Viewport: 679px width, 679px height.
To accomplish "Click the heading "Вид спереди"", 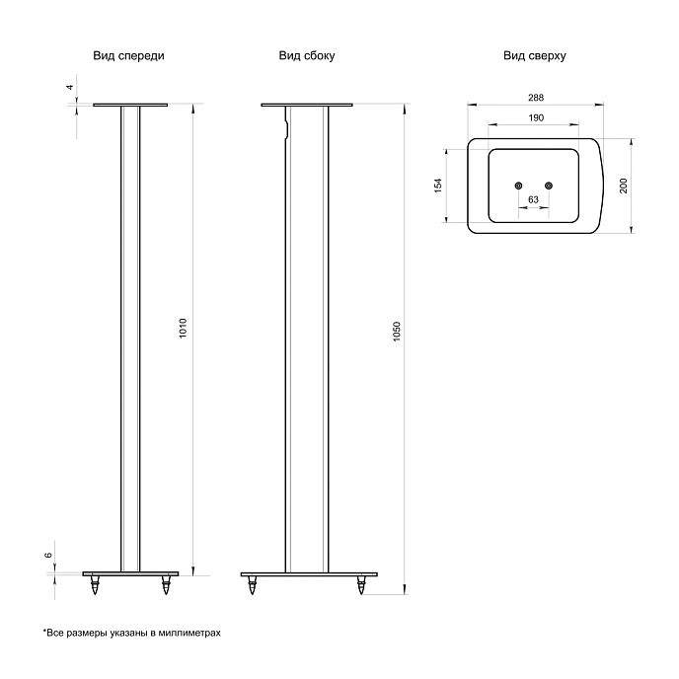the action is click(128, 56).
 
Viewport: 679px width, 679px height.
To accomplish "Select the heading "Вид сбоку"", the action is click(307, 56).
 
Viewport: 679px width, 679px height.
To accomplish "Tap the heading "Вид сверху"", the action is click(534, 56).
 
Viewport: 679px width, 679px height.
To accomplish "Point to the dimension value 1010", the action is click(183, 329).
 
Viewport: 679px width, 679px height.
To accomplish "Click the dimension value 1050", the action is click(397, 332).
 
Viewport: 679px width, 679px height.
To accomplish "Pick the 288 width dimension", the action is click(536, 98).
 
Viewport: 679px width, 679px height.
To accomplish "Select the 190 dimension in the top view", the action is click(536, 117).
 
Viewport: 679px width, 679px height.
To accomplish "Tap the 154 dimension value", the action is click(438, 186).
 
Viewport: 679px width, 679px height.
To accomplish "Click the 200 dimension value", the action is click(624, 186).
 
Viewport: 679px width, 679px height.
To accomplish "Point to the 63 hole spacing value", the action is click(533, 199).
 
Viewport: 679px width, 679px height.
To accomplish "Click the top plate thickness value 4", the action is click(69, 87).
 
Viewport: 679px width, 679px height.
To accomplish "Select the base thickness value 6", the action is click(48, 555).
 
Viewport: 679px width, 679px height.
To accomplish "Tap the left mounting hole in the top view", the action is click(518, 186).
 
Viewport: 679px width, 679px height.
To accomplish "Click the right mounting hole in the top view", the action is click(549, 186).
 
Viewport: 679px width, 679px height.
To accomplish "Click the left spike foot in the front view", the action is click(95, 585).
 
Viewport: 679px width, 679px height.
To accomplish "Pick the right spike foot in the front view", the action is click(166, 585).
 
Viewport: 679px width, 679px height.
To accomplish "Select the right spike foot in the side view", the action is click(361, 585).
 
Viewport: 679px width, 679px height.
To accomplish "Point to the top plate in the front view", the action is click(130, 105).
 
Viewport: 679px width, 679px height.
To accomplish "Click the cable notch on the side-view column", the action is click(286, 128).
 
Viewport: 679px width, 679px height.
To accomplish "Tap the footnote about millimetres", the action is click(131, 633).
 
